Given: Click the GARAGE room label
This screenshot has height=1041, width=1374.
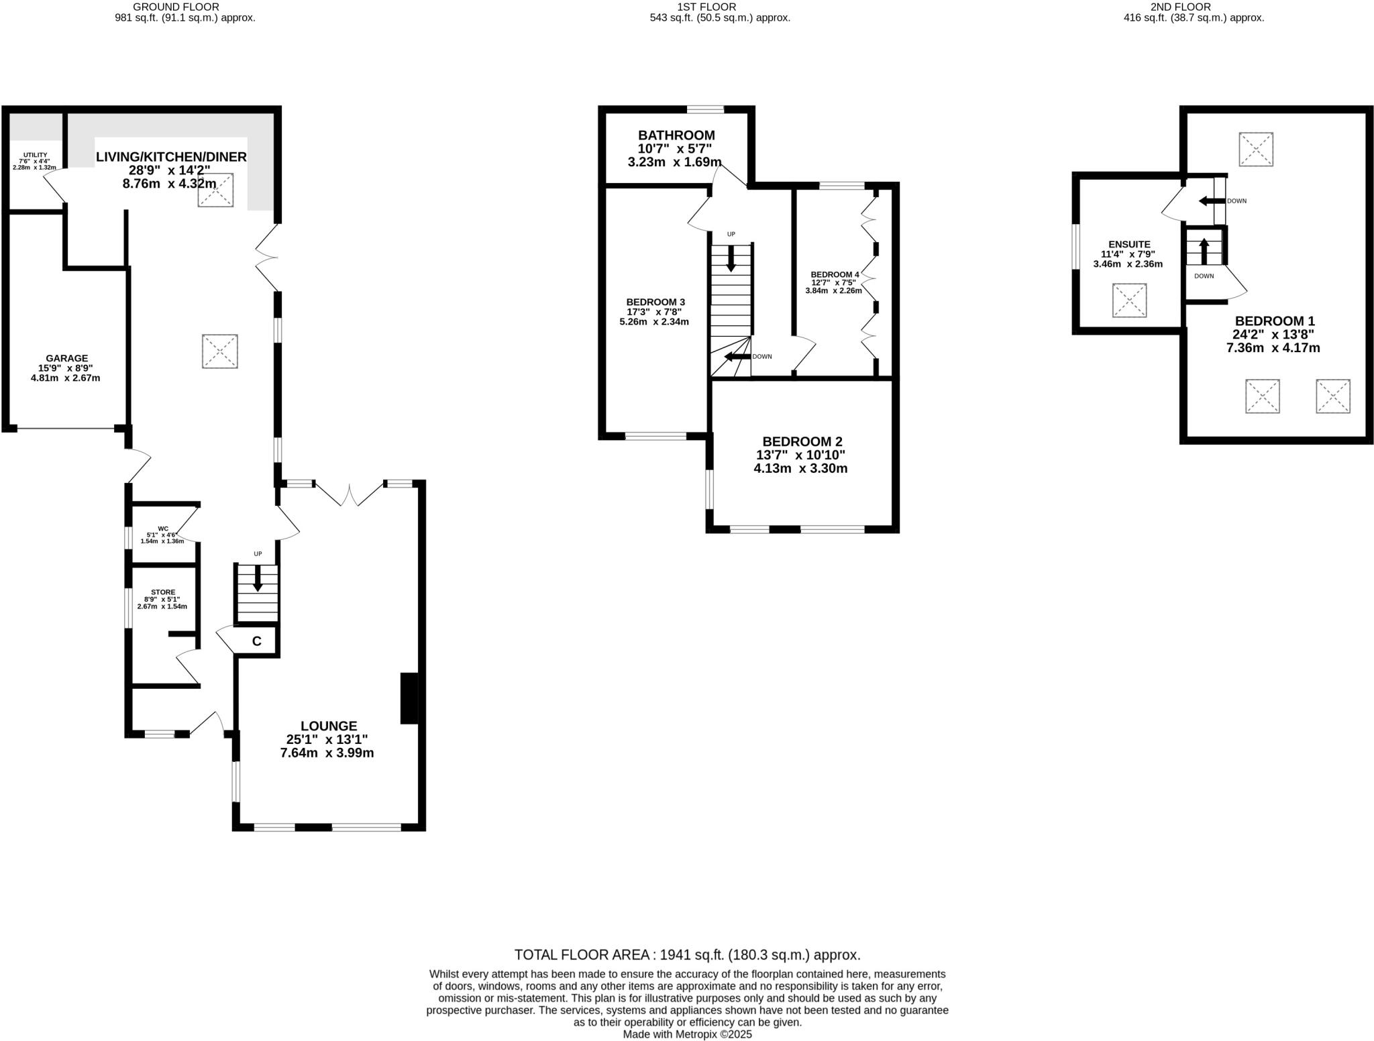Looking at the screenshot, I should point(66,359).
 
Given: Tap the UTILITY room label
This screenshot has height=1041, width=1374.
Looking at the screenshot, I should point(35,155).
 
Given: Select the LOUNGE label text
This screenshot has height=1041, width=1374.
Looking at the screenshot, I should point(329,726).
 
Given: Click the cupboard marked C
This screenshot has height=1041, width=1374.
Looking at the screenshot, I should point(256,642).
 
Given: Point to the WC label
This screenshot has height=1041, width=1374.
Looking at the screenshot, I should point(163,529).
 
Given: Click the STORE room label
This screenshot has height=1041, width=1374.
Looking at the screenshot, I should point(163,592).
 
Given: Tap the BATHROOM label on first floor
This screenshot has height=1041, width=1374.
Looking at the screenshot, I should point(676,135).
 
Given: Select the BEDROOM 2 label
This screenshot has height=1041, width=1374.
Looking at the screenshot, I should point(802,441).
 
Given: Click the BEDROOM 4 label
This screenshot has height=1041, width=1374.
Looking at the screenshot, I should point(835,275).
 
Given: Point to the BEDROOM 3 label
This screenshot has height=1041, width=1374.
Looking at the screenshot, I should point(655,302).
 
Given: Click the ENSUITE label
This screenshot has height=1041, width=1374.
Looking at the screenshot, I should point(1130,245).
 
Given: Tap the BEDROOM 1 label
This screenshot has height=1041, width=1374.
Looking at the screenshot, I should point(1275,321).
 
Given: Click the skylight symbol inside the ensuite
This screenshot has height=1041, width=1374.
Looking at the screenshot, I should point(1129,300).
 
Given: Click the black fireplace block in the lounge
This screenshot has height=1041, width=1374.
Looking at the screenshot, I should point(409,698).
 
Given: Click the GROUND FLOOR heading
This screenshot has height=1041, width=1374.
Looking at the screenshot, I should point(176,7).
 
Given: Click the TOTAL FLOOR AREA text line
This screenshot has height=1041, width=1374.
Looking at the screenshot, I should point(687,954).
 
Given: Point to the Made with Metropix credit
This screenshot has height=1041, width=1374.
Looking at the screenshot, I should point(687,1034).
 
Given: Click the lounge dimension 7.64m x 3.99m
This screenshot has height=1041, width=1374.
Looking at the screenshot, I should point(327,753).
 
